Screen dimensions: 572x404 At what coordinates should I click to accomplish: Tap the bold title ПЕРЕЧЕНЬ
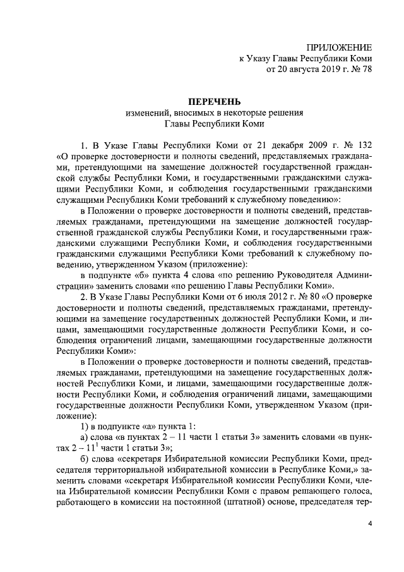point(214,102)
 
